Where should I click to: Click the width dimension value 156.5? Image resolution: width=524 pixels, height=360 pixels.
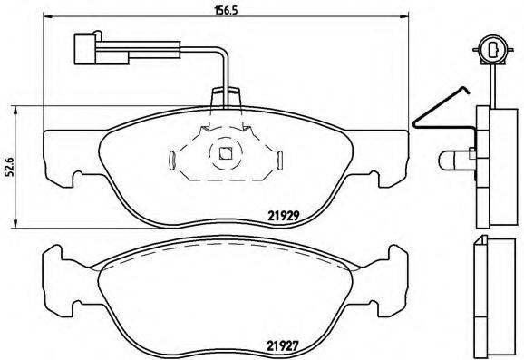[213, 13]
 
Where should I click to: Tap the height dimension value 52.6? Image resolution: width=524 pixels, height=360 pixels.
[10, 169]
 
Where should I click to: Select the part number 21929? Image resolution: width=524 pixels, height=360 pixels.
[283, 215]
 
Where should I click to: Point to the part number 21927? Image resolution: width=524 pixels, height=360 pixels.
[283, 344]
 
